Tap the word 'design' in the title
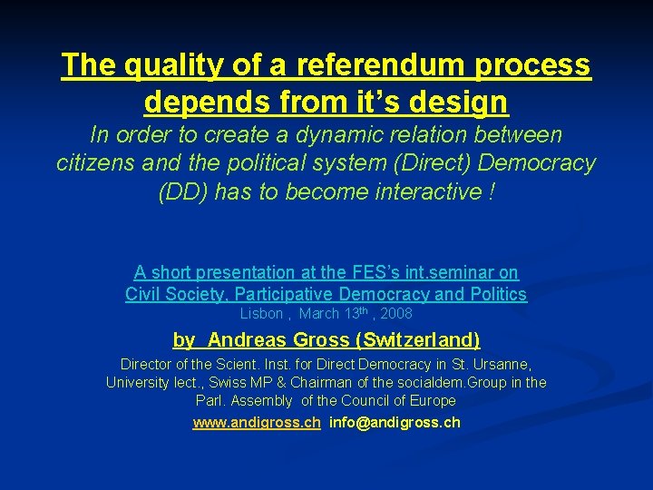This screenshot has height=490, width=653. [463, 102]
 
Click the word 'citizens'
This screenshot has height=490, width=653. [99, 163]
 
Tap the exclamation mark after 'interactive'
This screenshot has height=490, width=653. [491, 191]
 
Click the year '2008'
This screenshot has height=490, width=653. [396, 314]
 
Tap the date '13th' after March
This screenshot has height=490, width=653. [354, 313]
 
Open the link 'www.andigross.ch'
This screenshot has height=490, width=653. [257, 423]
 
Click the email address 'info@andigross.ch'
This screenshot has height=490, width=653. [395, 423]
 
